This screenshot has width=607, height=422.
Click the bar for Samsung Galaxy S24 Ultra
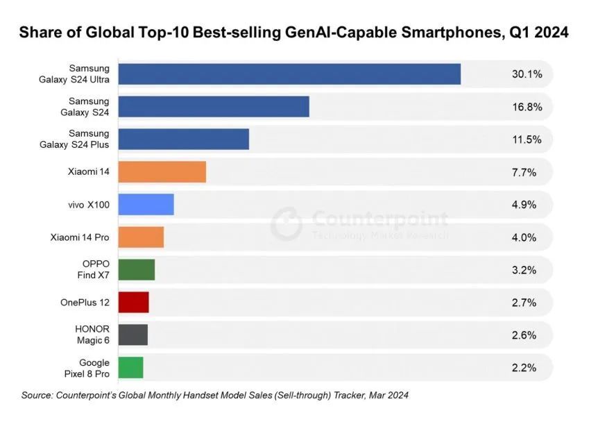pos(289,74)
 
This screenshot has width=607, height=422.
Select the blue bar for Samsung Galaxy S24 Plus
pos(183,139)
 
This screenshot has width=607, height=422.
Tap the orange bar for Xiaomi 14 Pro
pos(141,237)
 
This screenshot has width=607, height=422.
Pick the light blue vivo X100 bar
pos(146,204)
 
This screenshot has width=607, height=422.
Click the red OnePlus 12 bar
pos(133,302)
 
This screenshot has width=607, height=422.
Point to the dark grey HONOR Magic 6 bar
pos(132,335)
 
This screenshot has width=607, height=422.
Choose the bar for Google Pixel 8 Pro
pos(130,367)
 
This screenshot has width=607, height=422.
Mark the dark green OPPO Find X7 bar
pos(136,269)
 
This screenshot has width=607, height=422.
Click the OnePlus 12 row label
pos(85,302)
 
